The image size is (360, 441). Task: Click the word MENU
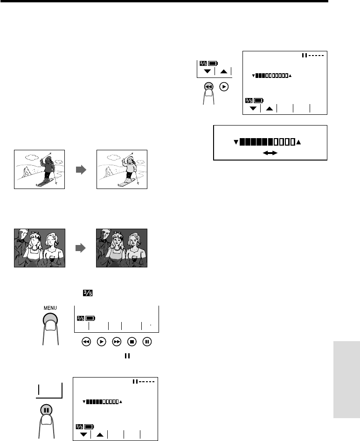click(x=50, y=308)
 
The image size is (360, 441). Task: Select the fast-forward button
click(x=117, y=342)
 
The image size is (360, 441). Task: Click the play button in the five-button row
click(x=102, y=342)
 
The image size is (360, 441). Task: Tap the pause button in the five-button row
click(x=147, y=342)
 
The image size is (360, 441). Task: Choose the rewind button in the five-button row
click(x=86, y=342)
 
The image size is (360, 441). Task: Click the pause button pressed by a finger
click(x=46, y=410)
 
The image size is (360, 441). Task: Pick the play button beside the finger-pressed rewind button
click(x=224, y=87)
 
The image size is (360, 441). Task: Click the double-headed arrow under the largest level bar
click(x=270, y=153)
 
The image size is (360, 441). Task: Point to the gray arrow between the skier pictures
click(x=81, y=169)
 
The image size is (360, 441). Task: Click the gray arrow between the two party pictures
click(x=81, y=248)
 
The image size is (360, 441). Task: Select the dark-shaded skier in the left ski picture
click(x=47, y=170)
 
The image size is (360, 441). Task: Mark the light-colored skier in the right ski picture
click(x=130, y=170)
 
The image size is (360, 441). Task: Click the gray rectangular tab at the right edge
click(x=346, y=380)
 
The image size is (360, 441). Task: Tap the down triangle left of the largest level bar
click(x=236, y=142)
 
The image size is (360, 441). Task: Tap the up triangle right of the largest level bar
click(x=298, y=142)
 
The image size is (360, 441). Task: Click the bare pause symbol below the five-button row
click(x=127, y=356)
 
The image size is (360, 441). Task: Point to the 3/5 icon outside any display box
click(x=88, y=293)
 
